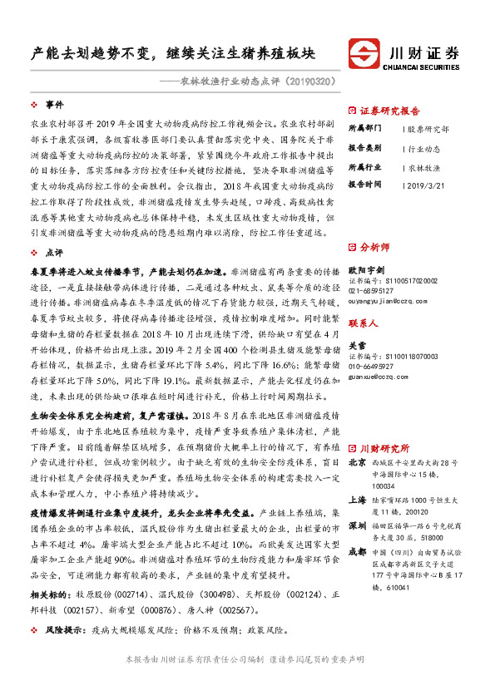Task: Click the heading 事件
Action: pos(54,105)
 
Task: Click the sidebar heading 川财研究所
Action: pos(384,424)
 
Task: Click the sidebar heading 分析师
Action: pos(374,248)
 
